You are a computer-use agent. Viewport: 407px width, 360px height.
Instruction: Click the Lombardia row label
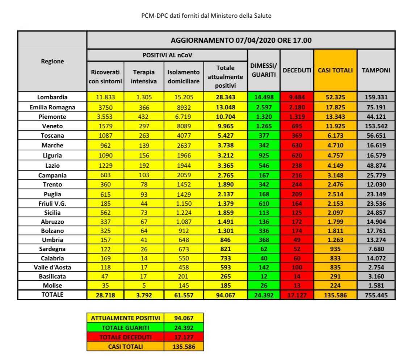[x=52, y=97]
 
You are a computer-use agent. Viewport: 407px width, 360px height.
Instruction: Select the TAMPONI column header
[x=376, y=70]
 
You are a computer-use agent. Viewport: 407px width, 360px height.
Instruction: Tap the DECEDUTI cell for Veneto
[x=297, y=126]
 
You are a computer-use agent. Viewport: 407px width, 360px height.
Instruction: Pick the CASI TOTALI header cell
[x=335, y=70]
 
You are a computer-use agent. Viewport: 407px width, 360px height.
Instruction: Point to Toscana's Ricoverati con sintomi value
[x=105, y=136]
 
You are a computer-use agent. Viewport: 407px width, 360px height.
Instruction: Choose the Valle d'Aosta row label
[x=52, y=267]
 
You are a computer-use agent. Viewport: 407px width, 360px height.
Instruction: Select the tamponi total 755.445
[x=376, y=295]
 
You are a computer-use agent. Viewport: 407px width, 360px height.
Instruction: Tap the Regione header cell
[x=52, y=61]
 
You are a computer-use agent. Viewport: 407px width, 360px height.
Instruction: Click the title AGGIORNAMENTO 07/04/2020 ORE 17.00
[x=241, y=40]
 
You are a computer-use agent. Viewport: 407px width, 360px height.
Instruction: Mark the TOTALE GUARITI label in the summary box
[x=125, y=327]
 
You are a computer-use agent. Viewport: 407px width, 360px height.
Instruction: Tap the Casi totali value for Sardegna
[x=335, y=248]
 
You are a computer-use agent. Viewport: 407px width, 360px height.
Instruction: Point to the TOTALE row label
[x=52, y=294]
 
